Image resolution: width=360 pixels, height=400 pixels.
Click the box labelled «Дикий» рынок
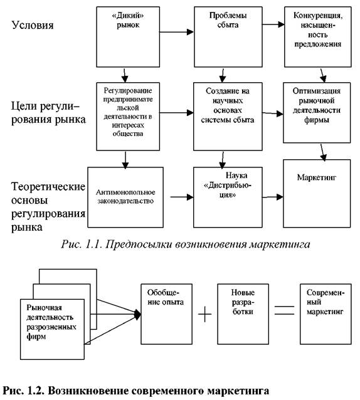pyautogui.click(x=128, y=37)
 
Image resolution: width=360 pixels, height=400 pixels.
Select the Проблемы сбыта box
pyautogui.click(x=228, y=37)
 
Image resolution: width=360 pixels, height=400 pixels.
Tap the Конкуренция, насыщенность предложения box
pyautogui.click(x=317, y=37)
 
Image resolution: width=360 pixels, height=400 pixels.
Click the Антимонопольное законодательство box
pyautogui.click(x=125, y=197)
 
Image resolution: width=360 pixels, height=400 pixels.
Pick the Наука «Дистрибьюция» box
pyautogui.click(x=228, y=197)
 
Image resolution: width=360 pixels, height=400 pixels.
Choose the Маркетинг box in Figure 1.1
pyautogui.click(x=317, y=193)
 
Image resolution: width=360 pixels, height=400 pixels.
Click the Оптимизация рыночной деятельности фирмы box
pyautogui.click(x=317, y=112)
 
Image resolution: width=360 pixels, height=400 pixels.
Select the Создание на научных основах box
pyautogui.click(x=228, y=117)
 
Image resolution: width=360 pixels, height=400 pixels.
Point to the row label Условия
pyautogui.click(x=33, y=25)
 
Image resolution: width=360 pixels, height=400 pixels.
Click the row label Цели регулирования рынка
pyautogui.click(x=48, y=113)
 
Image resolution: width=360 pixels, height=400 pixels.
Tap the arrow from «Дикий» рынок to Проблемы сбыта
pyautogui.click(x=177, y=32)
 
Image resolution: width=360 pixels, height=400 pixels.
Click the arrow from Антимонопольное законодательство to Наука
pyautogui.click(x=182, y=197)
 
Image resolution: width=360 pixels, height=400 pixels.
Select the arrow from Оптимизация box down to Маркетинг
pyautogui.click(x=323, y=152)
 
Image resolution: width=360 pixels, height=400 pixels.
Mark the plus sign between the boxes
pyautogui.click(x=205, y=313)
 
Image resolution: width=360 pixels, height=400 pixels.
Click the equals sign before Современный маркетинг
pyautogui.click(x=284, y=310)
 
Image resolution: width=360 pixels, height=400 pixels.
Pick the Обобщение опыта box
pyautogui.click(x=166, y=314)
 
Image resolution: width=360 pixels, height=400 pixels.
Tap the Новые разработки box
pyautogui.click(x=243, y=314)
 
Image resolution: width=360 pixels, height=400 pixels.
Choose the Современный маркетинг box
pyautogui.click(x=326, y=314)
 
